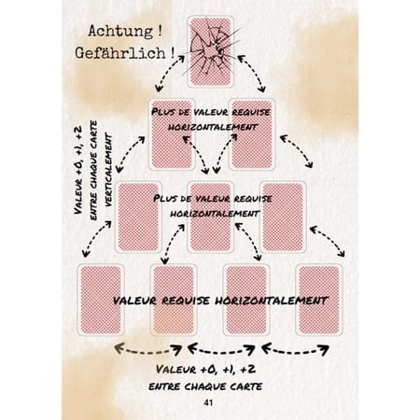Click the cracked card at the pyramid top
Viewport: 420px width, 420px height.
tap(210, 51)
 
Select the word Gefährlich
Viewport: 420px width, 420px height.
tap(120, 53)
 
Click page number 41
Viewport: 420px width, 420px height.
tap(208, 402)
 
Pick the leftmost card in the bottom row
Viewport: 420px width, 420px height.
tap(101, 300)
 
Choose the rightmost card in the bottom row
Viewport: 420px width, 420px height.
tap(319, 300)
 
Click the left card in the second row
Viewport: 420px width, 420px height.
tap(172, 134)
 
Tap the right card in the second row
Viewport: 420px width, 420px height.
tap(252, 134)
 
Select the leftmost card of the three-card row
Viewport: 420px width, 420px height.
tap(138, 217)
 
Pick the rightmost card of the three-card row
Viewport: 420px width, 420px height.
tap(283, 217)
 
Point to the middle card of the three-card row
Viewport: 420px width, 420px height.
tap(210, 217)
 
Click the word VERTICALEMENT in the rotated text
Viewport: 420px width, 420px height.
tap(108, 170)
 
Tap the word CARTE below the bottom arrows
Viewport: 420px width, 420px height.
tap(245, 386)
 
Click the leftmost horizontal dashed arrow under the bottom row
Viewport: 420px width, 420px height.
tap(148, 351)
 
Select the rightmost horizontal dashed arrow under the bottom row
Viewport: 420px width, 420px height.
tap(295, 351)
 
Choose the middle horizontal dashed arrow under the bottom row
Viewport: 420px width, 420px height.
tap(221, 351)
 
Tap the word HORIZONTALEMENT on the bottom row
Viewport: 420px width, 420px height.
tap(272, 301)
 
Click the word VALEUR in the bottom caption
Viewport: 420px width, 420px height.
tap(176, 370)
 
